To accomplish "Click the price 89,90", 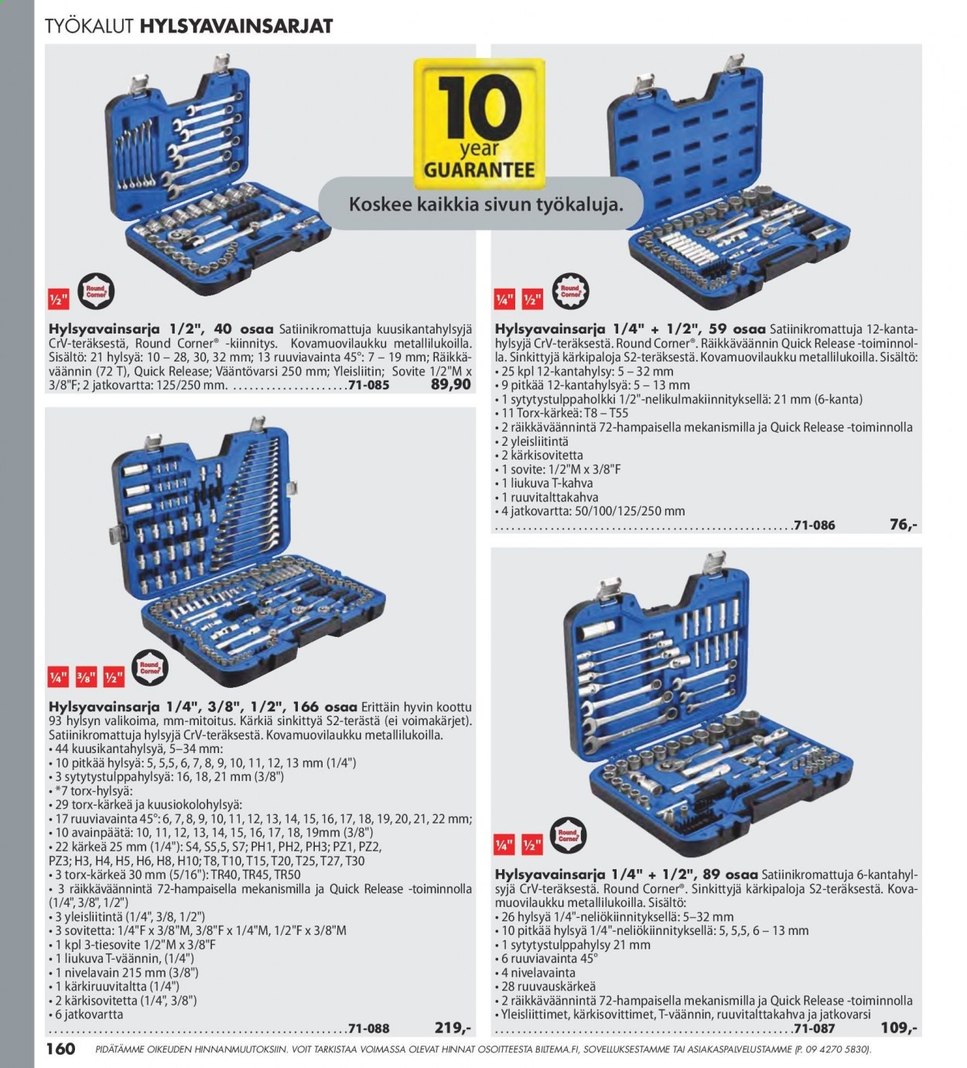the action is pos(451,385).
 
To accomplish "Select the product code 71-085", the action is pos(369,385).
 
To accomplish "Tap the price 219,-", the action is pos(453,1028).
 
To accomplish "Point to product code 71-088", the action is pos(369,1028).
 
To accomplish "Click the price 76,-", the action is pos(903,525).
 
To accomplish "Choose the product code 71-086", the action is pos(815,525).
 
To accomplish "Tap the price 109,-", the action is pos(899,1028).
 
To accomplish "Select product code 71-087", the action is pos(815,1028).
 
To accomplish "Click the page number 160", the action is pos(60,1049).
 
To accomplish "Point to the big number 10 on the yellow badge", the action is pos(479,109).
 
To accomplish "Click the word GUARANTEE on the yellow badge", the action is pos(479,169).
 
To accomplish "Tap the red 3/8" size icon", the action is pos(86,677).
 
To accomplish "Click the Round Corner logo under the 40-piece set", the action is pos(97,292).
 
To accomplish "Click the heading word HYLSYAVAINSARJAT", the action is pos(236,26).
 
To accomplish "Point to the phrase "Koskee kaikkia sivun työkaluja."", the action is pos(486,205).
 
